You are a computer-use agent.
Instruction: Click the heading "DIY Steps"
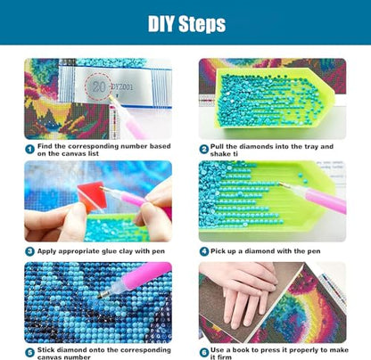coord(186,24)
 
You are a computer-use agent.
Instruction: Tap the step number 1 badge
coord(29,149)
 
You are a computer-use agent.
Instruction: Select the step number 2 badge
coord(203,149)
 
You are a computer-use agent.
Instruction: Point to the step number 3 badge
coord(29,251)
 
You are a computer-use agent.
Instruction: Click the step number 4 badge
coord(204,251)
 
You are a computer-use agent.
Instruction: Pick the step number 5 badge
coord(29,353)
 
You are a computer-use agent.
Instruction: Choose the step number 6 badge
coord(204,353)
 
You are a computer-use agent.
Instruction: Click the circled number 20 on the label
coord(98,86)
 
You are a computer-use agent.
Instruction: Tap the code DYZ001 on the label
coord(122,87)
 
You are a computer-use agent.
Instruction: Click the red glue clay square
coord(92,196)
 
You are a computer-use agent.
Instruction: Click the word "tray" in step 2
coord(310,146)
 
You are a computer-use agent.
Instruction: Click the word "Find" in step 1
coord(45,146)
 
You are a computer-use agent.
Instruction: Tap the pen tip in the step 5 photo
coord(99,296)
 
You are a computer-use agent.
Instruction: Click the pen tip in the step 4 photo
coord(280,184)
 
